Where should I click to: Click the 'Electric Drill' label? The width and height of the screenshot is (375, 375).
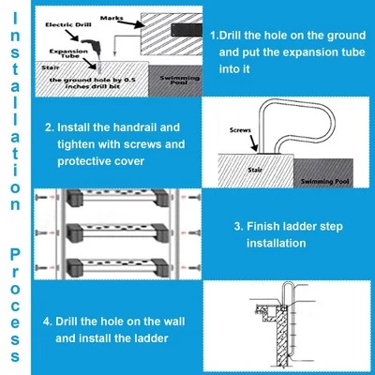pyautogui.click(x=68, y=25)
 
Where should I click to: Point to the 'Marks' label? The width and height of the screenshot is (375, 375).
pyautogui.click(x=112, y=18)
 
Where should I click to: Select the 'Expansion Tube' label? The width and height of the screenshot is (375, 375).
pyautogui.click(x=68, y=53)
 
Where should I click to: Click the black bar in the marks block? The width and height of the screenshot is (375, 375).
pyautogui.click(x=187, y=30)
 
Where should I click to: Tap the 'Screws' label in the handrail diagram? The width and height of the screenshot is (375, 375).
pyautogui.click(x=240, y=130)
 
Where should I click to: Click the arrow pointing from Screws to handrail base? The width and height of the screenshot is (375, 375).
pyautogui.click(x=253, y=142)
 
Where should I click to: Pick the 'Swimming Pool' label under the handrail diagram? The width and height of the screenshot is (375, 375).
pyautogui.click(x=324, y=182)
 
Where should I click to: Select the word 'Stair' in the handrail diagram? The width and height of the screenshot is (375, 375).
pyautogui.click(x=255, y=170)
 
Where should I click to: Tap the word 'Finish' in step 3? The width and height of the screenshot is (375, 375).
pyautogui.click(x=263, y=227)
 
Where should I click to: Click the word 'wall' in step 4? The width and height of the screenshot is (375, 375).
pyautogui.click(x=173, y=322)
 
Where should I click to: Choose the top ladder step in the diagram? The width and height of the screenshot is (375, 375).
pyautogui.click(x=118, y=197)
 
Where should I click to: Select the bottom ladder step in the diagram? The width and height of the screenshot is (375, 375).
pyautogui.click(x=118, y=267)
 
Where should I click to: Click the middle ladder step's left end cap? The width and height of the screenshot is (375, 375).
pyautogui.click(x=75, y=232)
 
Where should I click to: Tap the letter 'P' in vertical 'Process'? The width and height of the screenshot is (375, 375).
pyautogui.click(x=15, y=255)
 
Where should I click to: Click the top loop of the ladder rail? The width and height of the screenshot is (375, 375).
pyautogui.click(x=288, y=286)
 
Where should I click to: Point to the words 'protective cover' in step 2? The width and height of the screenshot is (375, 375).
pyautogui.click(x=100, y=161)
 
